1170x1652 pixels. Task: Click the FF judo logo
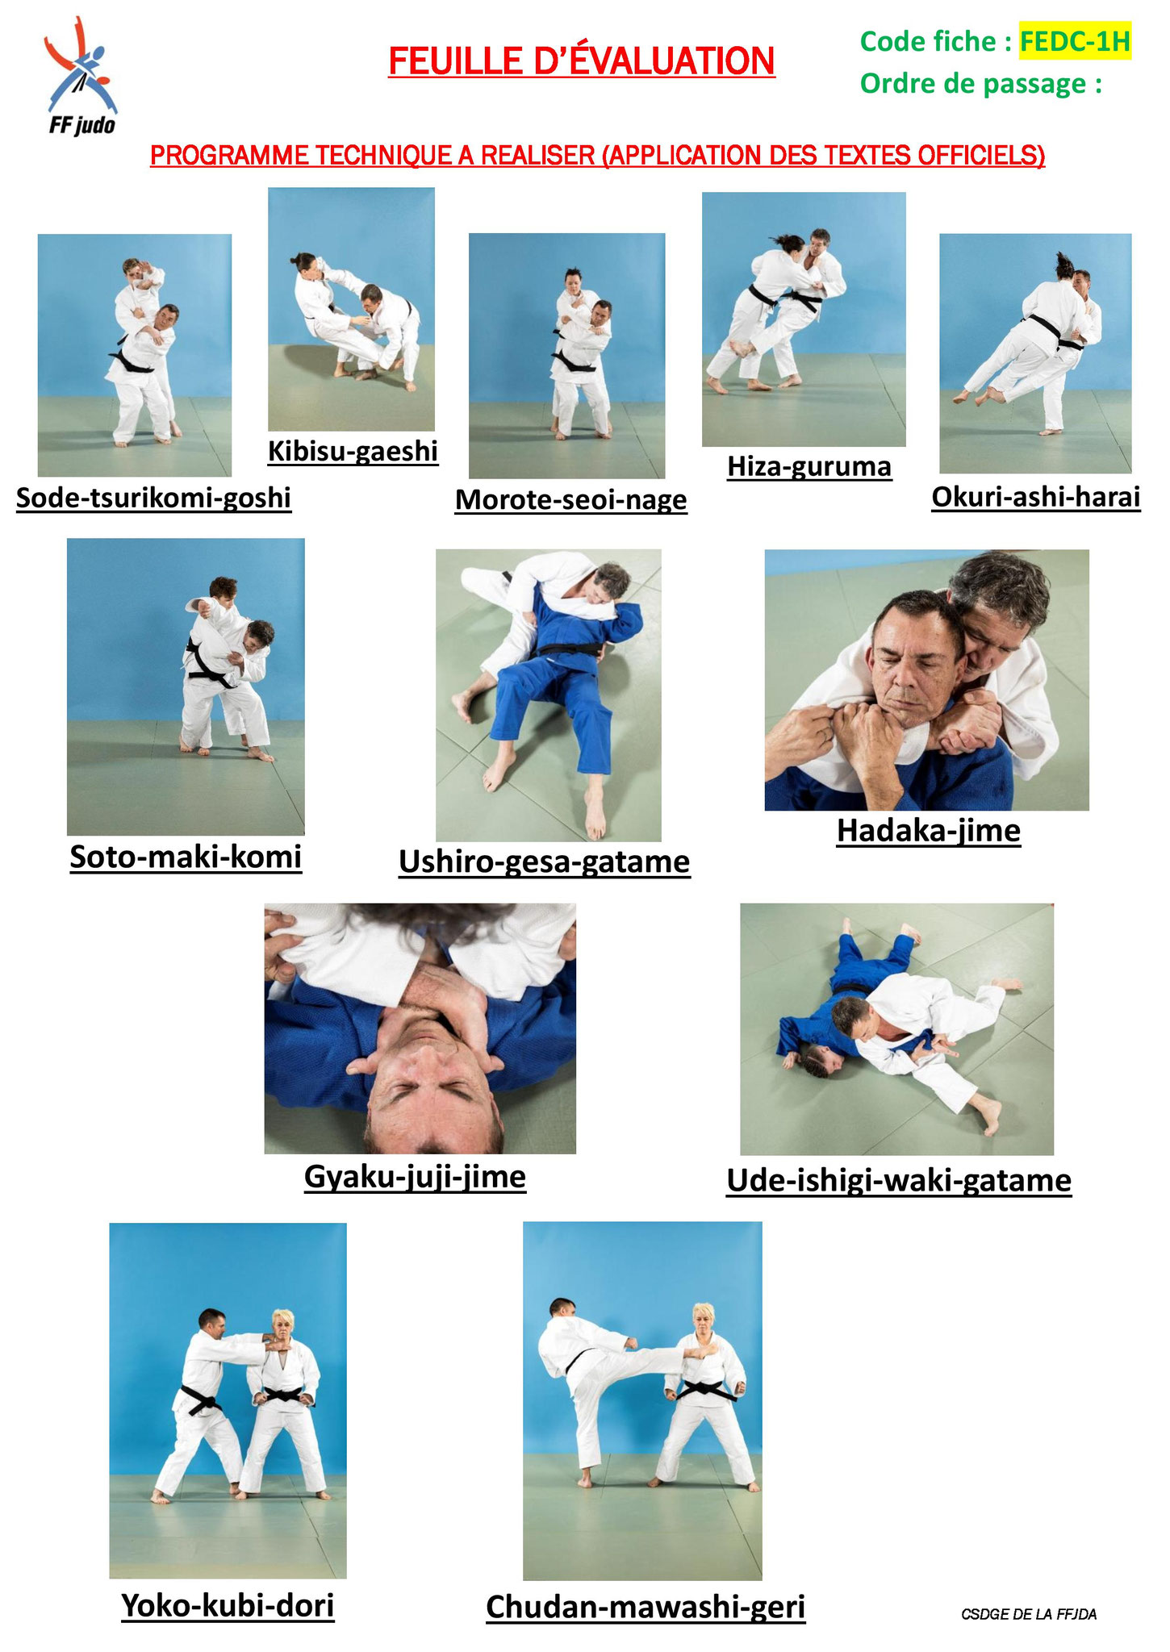pos(81,77)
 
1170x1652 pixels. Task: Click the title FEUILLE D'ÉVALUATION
pos(581,62)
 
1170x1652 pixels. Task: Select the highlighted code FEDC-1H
pos(1075,41)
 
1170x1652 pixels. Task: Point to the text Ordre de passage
pos(980,84)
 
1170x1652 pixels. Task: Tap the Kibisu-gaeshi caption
pos(353,451)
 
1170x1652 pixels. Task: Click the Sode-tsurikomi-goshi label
pos(153,498)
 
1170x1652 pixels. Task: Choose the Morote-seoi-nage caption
pos(570,500)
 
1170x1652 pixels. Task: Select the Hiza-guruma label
pos(809,466)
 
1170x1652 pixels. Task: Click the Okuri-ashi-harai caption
pos(1035,497)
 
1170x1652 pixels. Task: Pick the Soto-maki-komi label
pos(186,857)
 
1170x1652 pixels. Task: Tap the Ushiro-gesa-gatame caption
pos(545,861)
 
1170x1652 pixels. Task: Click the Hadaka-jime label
pos(928,830)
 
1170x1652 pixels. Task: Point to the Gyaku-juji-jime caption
pos(415,1177)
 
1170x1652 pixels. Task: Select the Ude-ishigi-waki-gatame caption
pos(899,1180)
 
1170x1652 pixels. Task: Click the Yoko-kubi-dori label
pos(228,1605)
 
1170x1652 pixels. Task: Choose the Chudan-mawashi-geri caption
pos(646,1607)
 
